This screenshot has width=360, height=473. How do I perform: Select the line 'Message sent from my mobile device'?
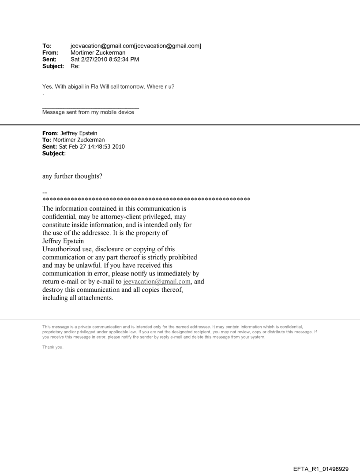pyautogui.click(x=88, y=112)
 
